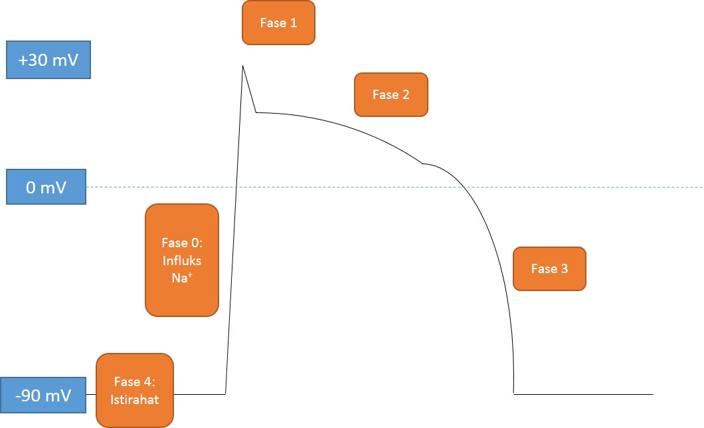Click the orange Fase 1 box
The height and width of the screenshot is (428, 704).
(x=278, y=23)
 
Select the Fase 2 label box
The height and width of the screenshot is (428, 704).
(x=391, y=95)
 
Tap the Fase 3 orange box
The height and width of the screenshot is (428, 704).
(x=549, y=269)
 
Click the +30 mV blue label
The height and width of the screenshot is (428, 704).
(x=48, y=60)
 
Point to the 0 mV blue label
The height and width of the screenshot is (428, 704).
(x=46, y=187)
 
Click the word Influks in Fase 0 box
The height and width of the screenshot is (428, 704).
(x=181, y=261)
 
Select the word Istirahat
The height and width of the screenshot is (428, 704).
(x=135, y=400)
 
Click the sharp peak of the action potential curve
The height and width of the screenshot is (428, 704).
(x=243, y=66)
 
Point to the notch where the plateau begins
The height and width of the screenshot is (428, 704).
(x=256, y=112)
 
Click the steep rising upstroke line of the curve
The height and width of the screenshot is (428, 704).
(x=234, y=226)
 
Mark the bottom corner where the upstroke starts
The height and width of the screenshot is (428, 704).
(x=226, y=394)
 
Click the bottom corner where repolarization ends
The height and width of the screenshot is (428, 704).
(x=514, y=394)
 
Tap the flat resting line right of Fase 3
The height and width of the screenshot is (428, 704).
(x=584, y=394)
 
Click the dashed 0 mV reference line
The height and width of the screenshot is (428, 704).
(x=598, y=187)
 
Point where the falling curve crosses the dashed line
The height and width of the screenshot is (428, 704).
(x=462, y=187)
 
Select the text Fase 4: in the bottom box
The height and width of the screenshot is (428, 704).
(x=135, y=382)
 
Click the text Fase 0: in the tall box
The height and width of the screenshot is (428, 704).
(x=181, y=243)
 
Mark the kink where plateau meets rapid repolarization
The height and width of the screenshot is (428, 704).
(x=422, y=163)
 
